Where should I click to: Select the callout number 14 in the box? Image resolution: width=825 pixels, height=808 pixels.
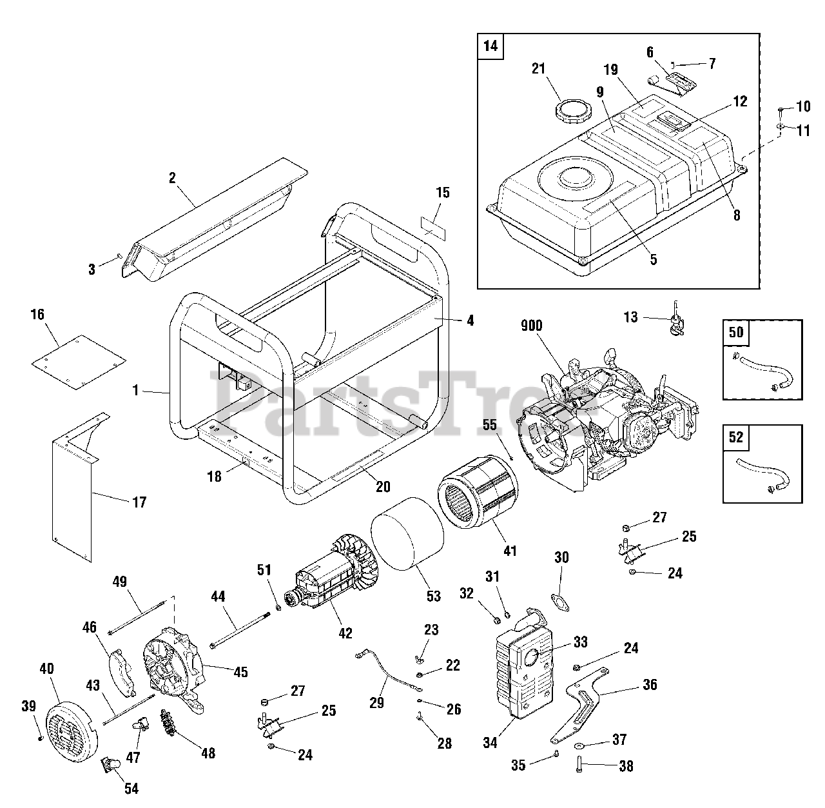click(490, 47)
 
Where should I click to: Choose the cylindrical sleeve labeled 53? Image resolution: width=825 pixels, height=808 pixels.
click(407, 533)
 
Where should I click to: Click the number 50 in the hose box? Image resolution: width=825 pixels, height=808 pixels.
click(736, 332)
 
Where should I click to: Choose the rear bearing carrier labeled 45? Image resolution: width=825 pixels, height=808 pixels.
click(175, 671)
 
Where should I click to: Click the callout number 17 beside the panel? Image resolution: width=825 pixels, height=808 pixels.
click(139, 502)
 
